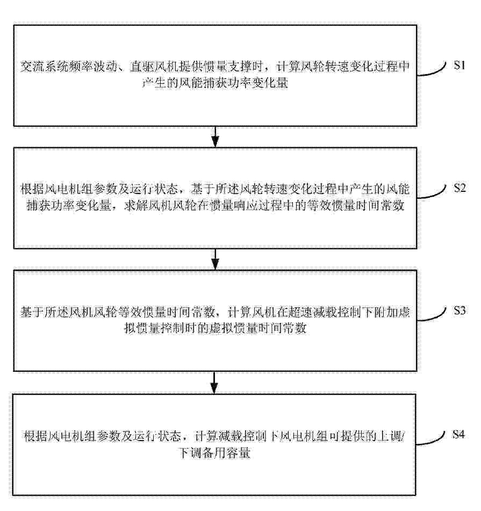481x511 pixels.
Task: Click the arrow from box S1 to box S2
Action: pos(215,136)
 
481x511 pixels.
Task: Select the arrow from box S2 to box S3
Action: pos(215,259)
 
